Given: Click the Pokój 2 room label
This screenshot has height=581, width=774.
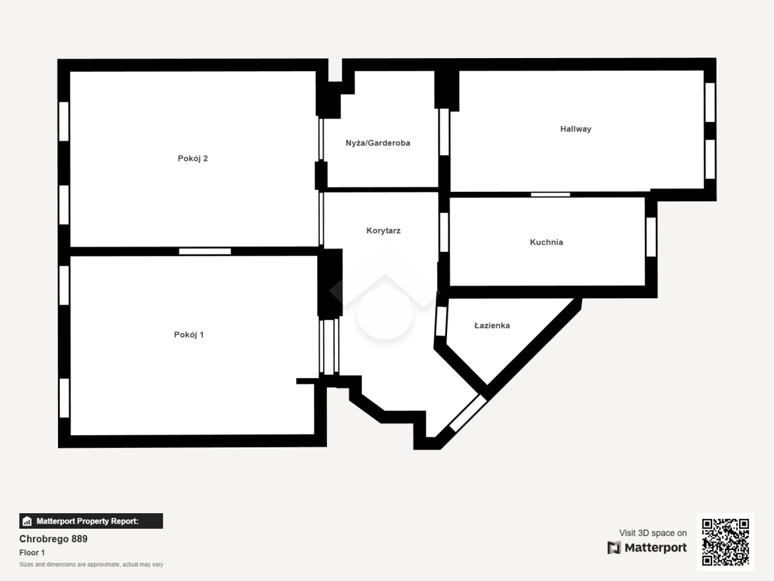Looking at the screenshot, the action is [192, 159].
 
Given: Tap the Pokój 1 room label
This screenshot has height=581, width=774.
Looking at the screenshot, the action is [188, 335].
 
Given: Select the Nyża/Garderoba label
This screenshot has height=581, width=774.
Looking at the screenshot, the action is [378, 143].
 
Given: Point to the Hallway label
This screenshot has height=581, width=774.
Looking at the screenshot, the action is [575, 129].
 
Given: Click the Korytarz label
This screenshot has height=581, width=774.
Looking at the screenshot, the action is [383, 230].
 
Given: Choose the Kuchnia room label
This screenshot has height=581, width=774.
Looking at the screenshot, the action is [546, 242].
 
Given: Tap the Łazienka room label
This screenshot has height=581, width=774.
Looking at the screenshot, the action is [492, 325].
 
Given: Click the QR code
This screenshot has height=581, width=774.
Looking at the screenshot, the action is [726, 542].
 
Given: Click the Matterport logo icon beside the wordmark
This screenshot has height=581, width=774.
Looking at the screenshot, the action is [614, 548].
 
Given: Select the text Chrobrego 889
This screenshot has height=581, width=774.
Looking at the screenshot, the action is [54, 539].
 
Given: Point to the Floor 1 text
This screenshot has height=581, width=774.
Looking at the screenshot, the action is [32, 553].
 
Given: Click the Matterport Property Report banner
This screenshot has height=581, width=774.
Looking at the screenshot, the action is [91, 521].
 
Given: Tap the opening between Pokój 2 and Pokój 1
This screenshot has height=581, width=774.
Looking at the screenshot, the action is [205, 252].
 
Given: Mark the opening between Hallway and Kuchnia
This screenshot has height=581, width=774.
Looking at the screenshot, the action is [550, 195].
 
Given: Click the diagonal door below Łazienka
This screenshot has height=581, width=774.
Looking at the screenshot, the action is [468, 413].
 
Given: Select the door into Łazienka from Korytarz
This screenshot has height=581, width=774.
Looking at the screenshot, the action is [441, 321].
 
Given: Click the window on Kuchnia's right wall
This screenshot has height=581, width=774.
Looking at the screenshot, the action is [651, 237].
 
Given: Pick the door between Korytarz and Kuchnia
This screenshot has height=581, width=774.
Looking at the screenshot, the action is [444, 232].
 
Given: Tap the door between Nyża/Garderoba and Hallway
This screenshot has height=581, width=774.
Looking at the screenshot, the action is [444, 132].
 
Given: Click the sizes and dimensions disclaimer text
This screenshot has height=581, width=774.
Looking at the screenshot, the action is [91, 564].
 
